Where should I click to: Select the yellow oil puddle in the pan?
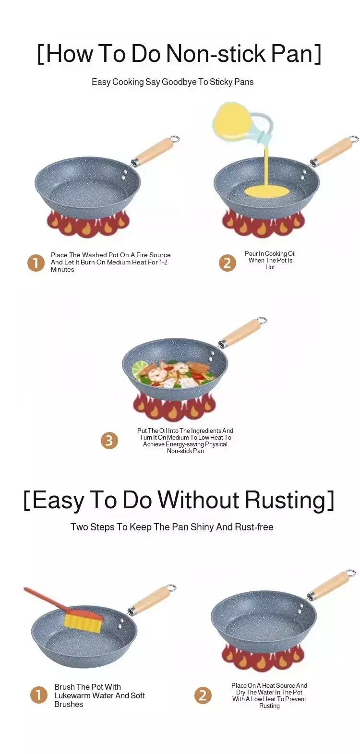[267, 191]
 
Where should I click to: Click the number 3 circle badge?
[109, 440]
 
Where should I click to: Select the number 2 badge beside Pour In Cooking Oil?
[228, 263]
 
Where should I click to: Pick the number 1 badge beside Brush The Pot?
[39, 695]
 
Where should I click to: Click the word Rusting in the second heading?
[286, 500]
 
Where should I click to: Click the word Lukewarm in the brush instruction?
[72, 695]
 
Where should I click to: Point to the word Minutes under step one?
[62, 270]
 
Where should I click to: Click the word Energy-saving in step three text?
[184, 444]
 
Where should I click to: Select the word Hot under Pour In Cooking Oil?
[270, 267]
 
